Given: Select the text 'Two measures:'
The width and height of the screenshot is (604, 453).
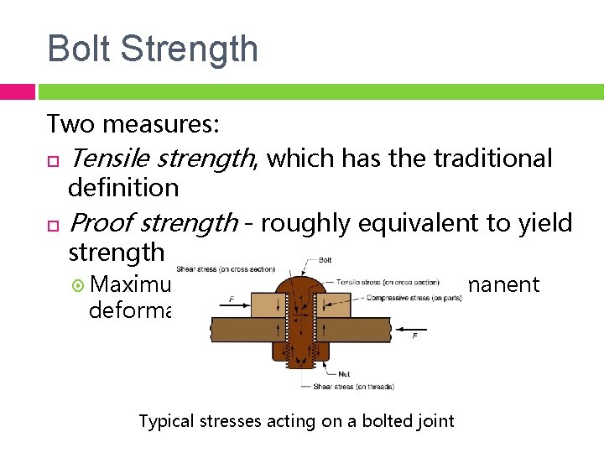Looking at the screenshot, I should coord(133,124).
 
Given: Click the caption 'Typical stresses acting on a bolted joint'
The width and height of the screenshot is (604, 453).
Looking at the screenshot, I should coord(296,420).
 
